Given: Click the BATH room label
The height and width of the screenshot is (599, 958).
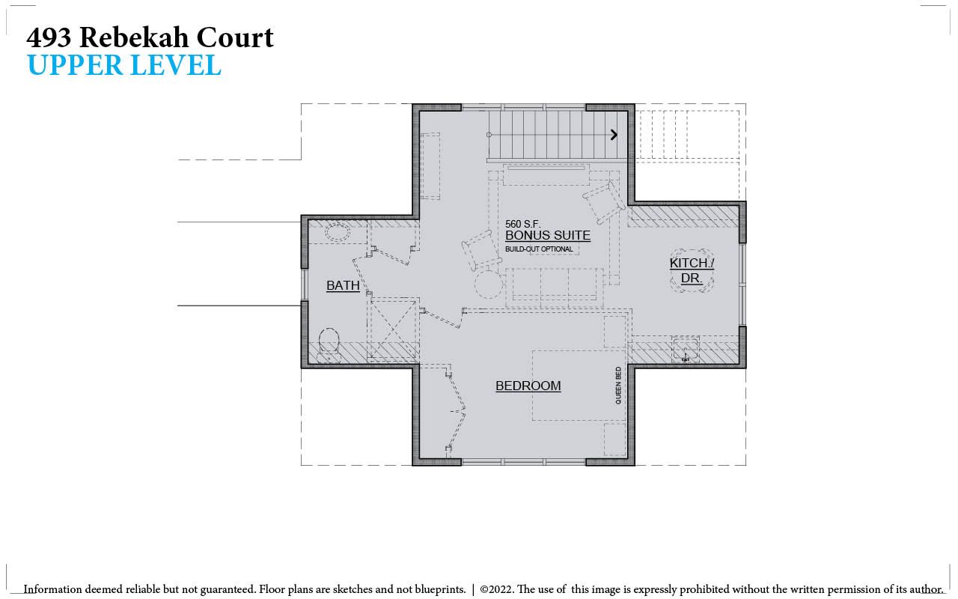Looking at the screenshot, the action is (343, 285).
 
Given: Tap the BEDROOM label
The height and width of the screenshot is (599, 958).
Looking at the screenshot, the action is (528, 386).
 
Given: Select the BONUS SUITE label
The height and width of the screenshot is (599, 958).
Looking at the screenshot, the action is (548, 235).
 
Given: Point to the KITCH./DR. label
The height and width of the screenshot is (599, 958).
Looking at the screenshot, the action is (692, 270).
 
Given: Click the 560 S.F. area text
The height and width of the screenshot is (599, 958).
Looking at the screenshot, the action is (522, 224).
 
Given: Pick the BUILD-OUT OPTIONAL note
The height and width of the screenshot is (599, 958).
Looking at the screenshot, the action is (539, 249).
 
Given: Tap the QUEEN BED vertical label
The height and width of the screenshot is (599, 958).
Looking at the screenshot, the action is (618, 386).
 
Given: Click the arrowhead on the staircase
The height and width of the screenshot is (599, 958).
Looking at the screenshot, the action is (614, 135).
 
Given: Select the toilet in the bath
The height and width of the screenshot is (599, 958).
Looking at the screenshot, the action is (329, 345).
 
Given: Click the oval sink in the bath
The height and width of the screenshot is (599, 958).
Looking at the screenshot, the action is (338, 233).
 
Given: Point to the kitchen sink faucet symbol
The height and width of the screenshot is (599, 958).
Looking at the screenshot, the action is (686, 357).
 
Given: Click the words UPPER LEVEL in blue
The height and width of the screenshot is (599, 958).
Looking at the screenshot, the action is (124, 65).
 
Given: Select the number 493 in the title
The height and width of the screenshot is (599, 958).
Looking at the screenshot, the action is (49, 37).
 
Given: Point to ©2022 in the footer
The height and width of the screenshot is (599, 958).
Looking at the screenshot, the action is (497, 589).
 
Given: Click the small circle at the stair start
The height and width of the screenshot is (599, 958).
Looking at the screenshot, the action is (489, 135).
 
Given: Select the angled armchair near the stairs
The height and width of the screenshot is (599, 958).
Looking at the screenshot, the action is (604, 202).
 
